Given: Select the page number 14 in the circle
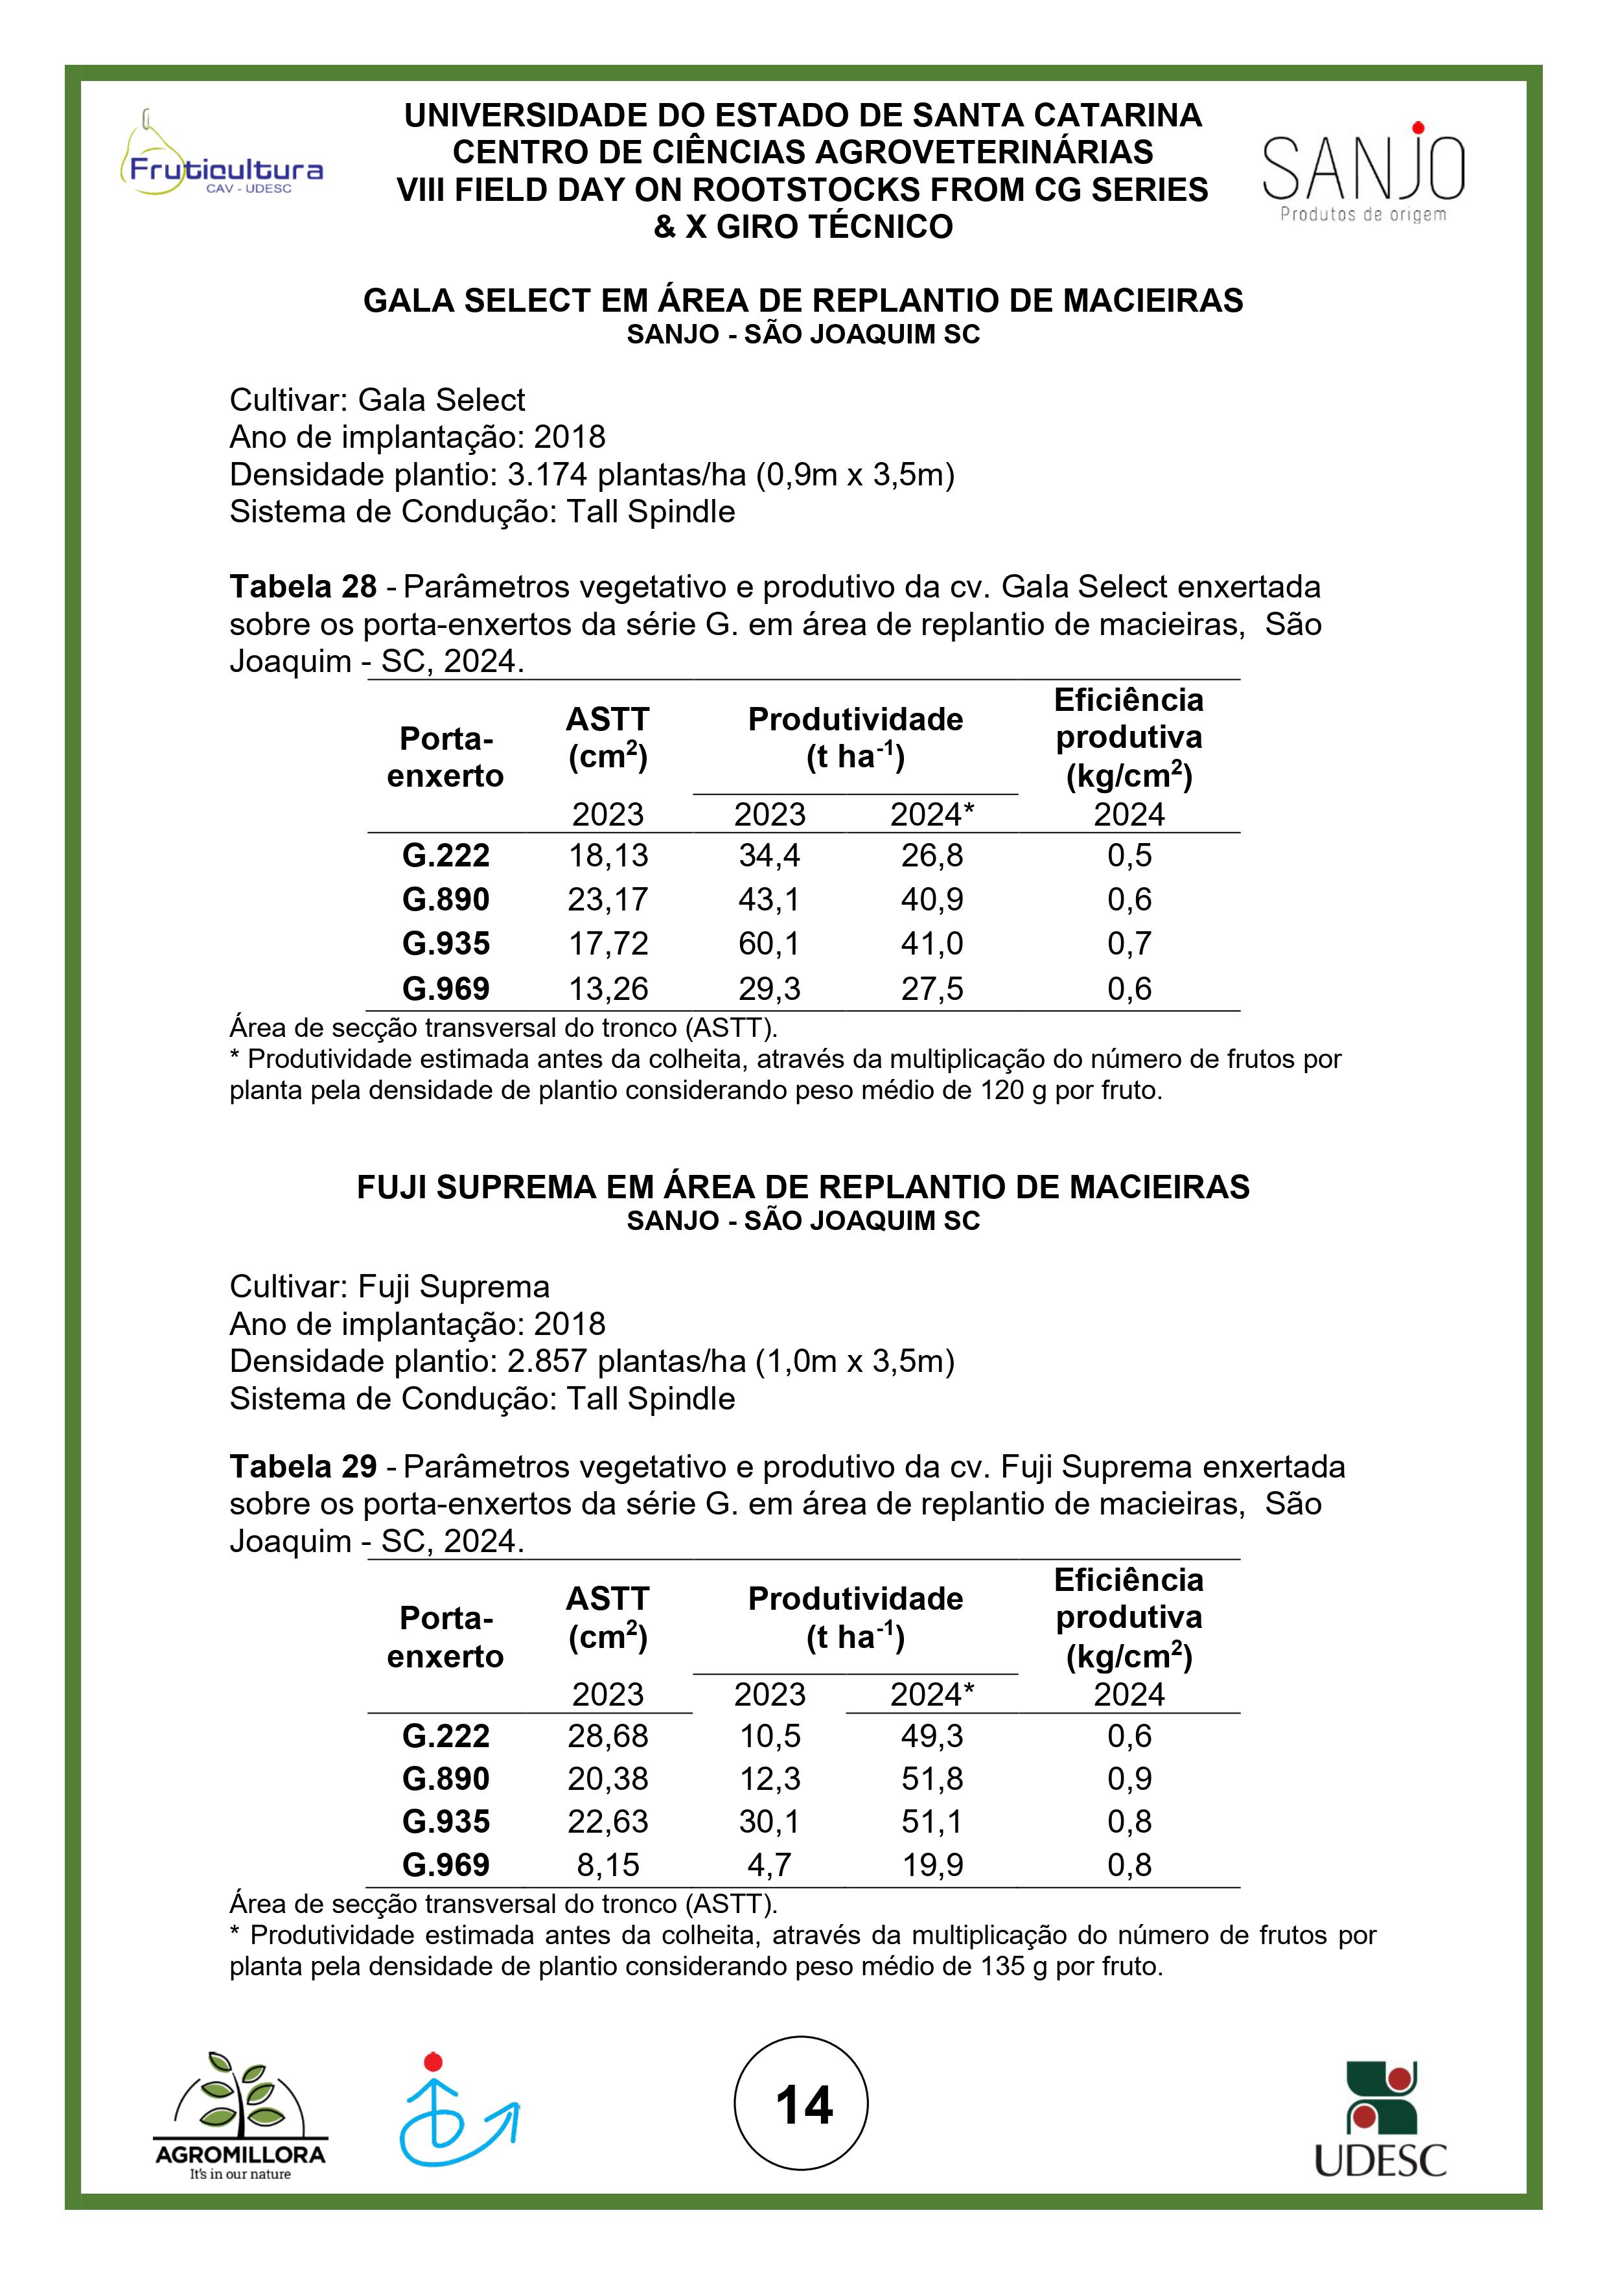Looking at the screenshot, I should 803,2105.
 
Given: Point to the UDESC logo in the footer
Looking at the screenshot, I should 1380,2120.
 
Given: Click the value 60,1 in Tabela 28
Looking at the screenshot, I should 769,944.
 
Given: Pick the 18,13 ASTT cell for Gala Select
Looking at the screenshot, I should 608,855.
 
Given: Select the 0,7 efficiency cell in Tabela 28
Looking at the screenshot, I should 1129,944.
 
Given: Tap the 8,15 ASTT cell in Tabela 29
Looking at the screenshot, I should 608,1865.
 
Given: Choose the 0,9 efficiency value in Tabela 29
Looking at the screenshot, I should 1129,1779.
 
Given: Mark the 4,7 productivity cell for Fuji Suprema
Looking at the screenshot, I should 769,1865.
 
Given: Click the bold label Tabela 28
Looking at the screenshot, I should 303,587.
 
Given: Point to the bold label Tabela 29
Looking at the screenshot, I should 303,1467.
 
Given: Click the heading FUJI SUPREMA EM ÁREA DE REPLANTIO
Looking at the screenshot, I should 803,1187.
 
